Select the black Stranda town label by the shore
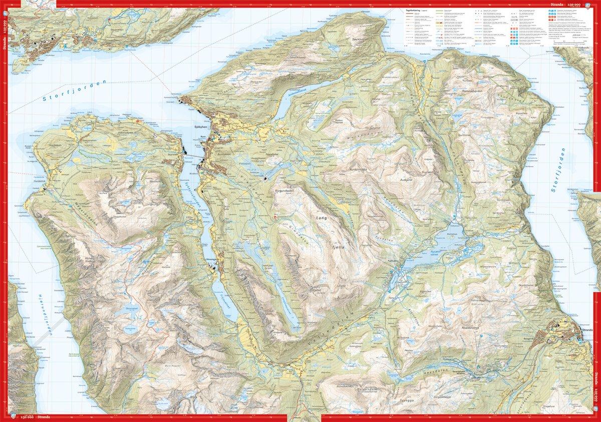point(585,329)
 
